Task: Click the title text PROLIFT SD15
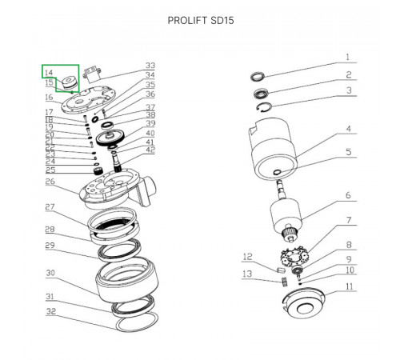(201, 21)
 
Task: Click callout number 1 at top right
(347, 57)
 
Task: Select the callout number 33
(150, 66)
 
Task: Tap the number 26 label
(50, 182)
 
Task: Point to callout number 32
(51, 311)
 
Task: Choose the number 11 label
(350, 286)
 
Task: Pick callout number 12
(247, 257)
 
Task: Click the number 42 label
(150, 150)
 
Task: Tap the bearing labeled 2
(262, 94)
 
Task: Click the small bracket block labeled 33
(92, 74)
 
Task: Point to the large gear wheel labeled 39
(110, 138)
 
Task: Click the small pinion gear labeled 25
(98, 170)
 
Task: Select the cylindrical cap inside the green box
(68, 83)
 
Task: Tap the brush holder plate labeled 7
(294, 258)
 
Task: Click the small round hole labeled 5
(277, 172)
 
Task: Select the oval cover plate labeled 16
(88, 100)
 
